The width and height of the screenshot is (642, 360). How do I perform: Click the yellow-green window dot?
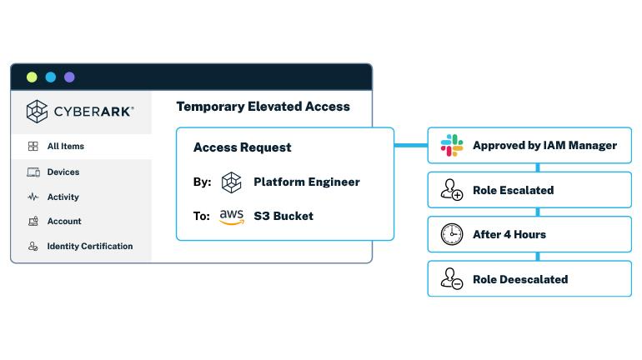32,77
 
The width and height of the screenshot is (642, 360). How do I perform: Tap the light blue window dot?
50,77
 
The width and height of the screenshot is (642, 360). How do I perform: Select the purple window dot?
69,77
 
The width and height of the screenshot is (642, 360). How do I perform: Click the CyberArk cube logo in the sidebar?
37,111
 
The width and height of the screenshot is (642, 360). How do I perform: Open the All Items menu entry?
65,147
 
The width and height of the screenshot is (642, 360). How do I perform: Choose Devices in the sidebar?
63,172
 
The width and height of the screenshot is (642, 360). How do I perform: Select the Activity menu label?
63,197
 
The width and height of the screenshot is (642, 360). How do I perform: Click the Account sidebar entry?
63,222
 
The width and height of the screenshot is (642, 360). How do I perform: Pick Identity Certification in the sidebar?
89,247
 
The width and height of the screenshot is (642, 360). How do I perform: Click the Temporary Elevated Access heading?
263,107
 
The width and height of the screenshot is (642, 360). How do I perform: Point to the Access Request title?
242,147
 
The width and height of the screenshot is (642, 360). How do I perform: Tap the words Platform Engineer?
306,182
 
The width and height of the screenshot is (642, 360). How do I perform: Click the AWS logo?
231,216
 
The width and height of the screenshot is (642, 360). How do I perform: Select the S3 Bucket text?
283,216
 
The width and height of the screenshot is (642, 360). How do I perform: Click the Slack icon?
451,145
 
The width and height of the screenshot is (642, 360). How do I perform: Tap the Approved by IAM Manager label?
544,145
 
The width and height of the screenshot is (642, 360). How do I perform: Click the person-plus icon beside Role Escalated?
451,191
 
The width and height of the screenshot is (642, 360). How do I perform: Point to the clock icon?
451,235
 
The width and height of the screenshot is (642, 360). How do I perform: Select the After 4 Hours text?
509,235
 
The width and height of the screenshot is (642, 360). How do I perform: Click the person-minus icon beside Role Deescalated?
451,279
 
